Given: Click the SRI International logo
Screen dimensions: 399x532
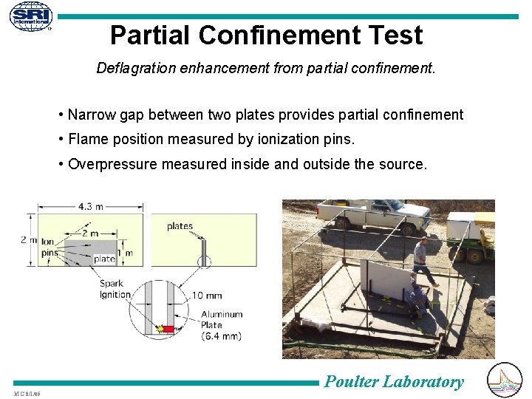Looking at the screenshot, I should [31, 16].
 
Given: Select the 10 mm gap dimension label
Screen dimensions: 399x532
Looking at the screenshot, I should [206, 295].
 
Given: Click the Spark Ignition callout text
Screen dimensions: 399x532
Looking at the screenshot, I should [115, 289].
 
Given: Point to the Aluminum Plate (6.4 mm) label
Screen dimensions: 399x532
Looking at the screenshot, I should [221, 325].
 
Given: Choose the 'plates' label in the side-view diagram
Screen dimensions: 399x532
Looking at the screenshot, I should [180, 226].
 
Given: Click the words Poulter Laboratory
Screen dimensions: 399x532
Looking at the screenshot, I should [394, 381].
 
